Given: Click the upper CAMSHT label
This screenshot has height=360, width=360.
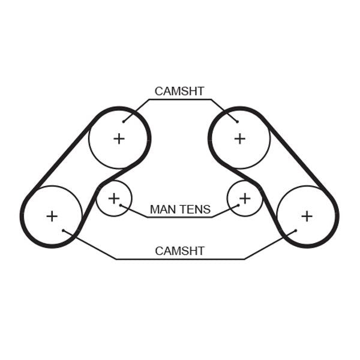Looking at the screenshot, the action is coord(179,91).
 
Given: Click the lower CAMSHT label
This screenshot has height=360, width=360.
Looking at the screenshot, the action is coord(179,251).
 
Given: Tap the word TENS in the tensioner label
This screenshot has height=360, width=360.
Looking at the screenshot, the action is coord(195,209).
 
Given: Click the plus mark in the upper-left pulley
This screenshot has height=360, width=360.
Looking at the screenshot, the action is coord(119,139).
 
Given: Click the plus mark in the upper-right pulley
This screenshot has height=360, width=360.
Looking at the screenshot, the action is coord(240,139).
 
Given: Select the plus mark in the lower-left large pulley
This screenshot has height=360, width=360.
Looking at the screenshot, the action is coord(52,216).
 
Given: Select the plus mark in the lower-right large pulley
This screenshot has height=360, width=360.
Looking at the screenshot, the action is coord(307,216).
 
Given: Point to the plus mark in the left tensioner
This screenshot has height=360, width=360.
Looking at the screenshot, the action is coord(114,199).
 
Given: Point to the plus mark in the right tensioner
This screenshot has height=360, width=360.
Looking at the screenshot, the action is coord(245,199).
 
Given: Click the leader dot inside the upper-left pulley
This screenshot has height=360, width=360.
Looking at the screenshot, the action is coord(124,122).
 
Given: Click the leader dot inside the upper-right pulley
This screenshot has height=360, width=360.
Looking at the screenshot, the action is coord(238,122).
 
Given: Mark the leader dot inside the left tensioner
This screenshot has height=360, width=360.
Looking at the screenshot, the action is coord(121,205).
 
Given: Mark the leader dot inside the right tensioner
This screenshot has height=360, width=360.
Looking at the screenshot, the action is coord(238,205).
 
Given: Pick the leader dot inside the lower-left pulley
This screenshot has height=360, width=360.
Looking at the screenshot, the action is coord(64,230).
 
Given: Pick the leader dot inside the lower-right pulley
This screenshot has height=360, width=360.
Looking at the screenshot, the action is coord(296,230).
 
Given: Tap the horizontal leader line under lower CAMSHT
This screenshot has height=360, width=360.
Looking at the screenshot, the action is coord(181,259).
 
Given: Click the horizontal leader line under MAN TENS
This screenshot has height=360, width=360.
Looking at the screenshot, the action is coord(180,217).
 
